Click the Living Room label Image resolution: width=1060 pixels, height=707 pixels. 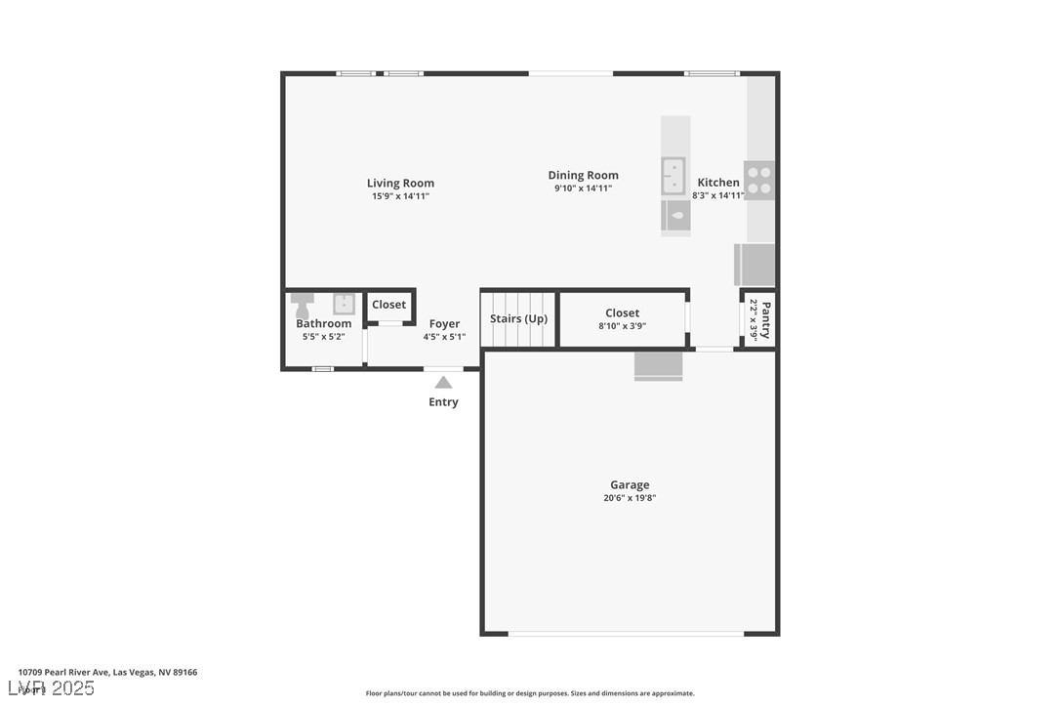[400, 183]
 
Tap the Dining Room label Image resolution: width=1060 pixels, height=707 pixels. [583, 176]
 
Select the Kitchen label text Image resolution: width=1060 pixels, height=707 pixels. [718, 183]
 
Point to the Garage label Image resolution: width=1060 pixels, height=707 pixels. [630, 484]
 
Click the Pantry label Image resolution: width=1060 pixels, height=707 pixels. [766, 319]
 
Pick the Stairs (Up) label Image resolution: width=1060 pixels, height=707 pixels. [518, 318]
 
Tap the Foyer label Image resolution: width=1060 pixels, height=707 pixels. [444, 324]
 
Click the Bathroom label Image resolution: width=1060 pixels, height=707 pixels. [323, 323]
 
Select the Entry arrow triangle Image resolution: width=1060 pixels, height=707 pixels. [443, 383]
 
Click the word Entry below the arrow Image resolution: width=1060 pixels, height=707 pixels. [443, 402]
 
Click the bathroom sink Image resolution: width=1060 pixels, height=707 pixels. [345, 303]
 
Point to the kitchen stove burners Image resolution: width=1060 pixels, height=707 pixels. [759, 180]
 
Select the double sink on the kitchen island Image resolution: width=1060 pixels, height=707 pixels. [673, 177]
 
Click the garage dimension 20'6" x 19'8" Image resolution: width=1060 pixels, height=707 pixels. [630, 498]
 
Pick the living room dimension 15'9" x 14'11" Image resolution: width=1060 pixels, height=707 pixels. [400, 196]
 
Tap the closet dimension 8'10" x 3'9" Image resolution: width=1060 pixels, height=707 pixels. [622, 327]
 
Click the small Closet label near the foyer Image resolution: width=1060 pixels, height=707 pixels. [388, 305]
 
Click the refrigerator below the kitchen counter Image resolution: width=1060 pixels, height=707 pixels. [754, 265]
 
